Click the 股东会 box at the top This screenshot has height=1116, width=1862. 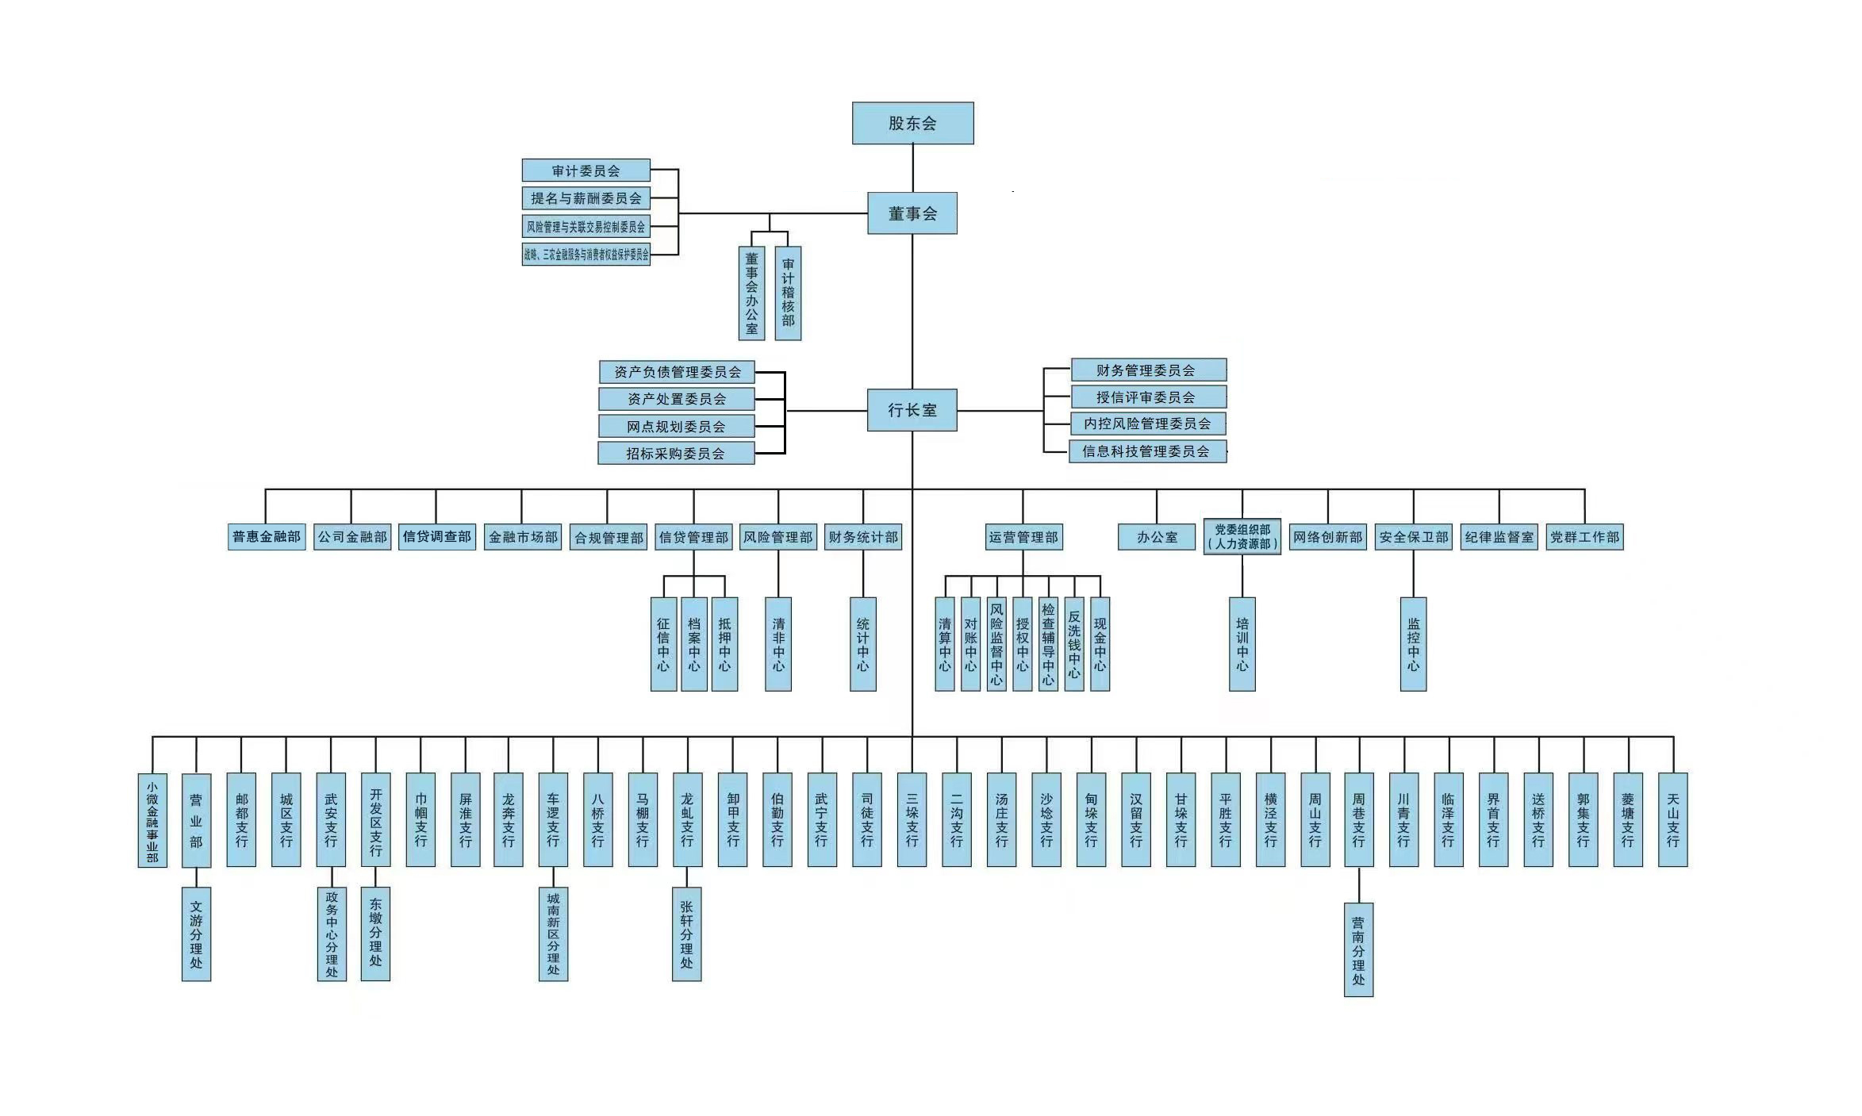click(x=912, y=123)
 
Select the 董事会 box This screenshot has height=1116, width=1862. click(x=912, y=213)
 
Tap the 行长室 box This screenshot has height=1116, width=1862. click(x=912, y=410)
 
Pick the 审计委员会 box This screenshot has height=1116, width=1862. click(x=585, y=171)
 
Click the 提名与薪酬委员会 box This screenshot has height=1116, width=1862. click(x=585, y=198)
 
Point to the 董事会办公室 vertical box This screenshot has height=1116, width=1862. click(x=751, y=293)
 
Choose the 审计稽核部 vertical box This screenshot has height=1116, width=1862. click(x=788, y=293)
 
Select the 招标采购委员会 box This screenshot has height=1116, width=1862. click(x=675, y=454)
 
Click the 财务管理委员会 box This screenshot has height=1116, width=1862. click(x=1148, y=370)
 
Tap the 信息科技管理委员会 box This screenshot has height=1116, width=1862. click(x=1147, y=451)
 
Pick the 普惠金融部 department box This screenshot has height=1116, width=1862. click(x=267, y=537)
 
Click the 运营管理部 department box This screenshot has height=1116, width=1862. click(x=1023, y=537)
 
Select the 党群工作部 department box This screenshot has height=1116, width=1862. click(x=1584, y=537)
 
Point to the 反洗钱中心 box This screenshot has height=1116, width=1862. click(x=1074, y=644)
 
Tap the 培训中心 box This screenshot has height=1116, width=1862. click(x=1242, y=644)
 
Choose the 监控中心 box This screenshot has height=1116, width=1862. click(x=1413, y=644)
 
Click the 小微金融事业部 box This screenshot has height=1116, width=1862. click(x=152, y=820)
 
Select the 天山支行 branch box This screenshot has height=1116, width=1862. click(x=1672, y=820)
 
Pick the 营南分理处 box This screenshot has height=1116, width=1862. click(x=1358, y=949)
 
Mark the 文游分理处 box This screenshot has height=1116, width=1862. click(x=196, y=934)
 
